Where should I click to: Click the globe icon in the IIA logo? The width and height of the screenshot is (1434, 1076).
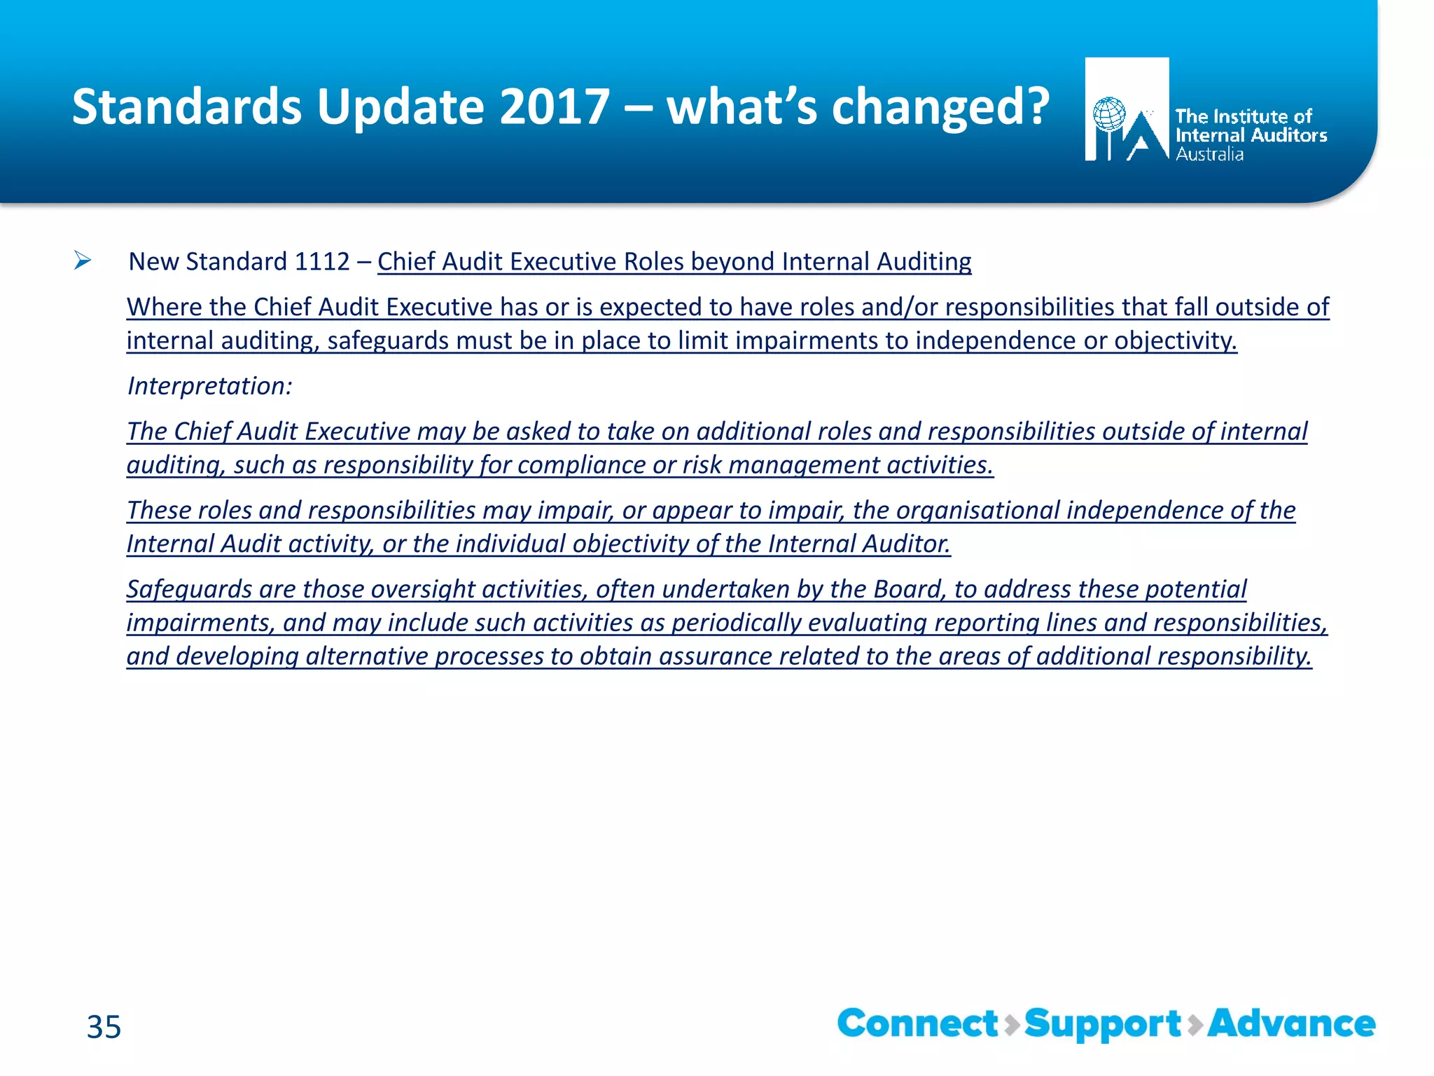[x=1109, y=114]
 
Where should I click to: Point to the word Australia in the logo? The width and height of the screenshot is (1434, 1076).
[x=1209, y=154]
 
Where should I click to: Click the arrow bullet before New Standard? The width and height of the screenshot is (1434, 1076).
[x=83, y=261]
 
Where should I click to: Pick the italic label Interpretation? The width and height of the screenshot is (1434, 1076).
[x=209, y=386]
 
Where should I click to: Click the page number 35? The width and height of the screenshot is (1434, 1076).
[x=104, y=1027]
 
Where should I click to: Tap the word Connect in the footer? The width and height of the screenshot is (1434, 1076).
[x=917, y=1023]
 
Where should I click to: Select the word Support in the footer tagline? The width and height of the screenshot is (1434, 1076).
[x=1102, y=1025]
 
